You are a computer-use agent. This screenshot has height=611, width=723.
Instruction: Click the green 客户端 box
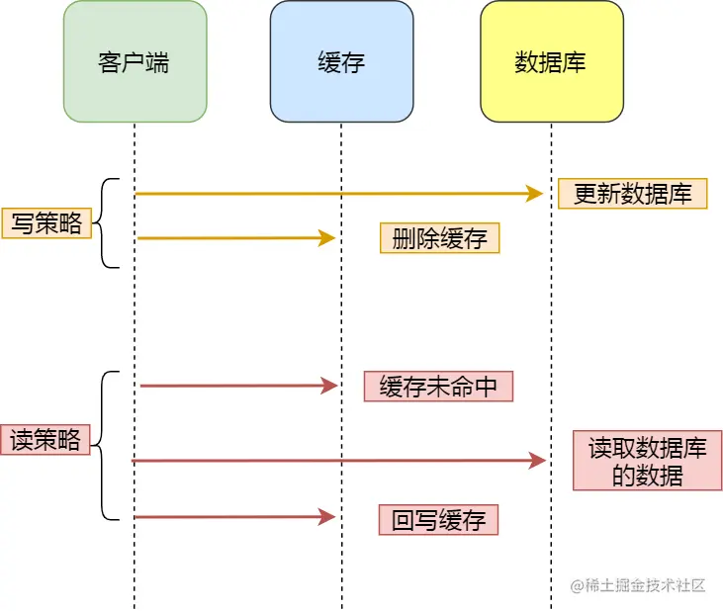coord(135,61)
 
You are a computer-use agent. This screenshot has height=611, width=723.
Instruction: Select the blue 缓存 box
coord(341,61)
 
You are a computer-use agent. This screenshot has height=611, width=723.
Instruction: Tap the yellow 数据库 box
coord(551,61)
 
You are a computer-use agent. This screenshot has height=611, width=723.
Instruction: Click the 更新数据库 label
coord(633,194)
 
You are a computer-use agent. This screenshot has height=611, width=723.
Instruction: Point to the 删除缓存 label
coord(439,238)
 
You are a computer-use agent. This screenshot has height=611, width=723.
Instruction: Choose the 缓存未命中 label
coord(438,386)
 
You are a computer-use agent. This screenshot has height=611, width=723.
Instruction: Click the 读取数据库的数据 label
coord(648,461)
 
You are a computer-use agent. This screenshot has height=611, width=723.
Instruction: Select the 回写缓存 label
coord(438,520)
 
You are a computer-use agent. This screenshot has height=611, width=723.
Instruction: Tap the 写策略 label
coord(46,223)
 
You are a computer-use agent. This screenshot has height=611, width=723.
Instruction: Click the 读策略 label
coord(45,439)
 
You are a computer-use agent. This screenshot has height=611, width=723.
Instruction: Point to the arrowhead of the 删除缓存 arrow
coord(328,237)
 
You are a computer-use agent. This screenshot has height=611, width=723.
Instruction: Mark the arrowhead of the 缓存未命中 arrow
coord(330,386)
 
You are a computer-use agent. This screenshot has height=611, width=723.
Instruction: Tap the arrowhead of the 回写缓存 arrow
coord(328,516)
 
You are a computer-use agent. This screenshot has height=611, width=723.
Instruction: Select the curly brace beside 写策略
coord(107,223)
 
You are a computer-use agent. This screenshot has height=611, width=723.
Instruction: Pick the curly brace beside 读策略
coord(107,445)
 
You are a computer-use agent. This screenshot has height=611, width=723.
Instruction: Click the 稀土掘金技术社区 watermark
coord(637,585)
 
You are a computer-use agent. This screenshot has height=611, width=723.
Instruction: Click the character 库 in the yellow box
coord(575,62)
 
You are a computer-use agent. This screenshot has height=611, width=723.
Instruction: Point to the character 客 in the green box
coord(111,62)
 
